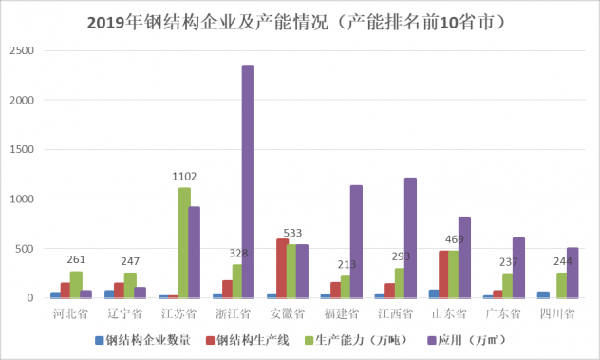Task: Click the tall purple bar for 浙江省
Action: [248, 181]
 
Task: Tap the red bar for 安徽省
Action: [281, 269]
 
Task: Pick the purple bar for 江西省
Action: [410, 237]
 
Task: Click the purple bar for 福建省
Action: [356, 241]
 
